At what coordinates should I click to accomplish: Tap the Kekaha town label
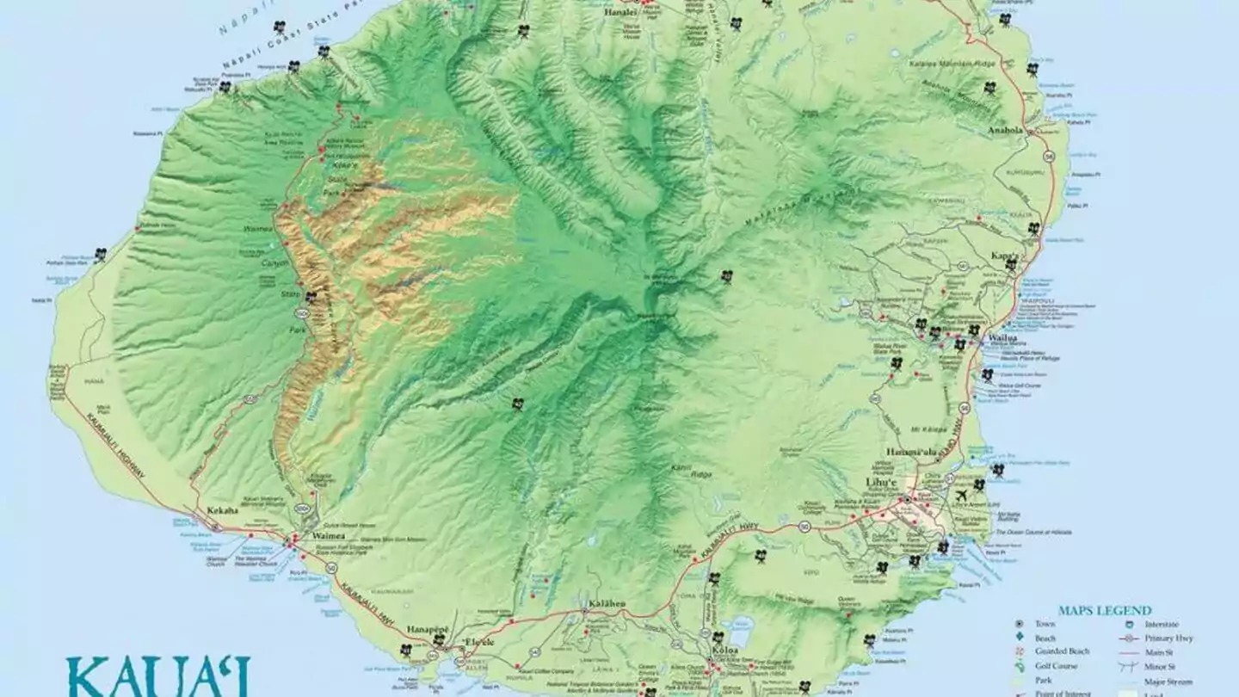point(222,510)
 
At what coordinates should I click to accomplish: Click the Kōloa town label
point(724,651)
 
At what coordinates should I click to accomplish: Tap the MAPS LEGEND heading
point(1105,610)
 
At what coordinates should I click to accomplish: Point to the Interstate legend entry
point(1162,624)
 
